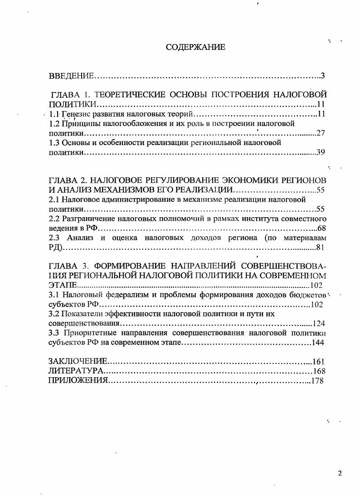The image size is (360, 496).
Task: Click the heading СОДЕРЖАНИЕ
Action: click(195, 47)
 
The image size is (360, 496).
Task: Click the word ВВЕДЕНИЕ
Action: click(71, 75)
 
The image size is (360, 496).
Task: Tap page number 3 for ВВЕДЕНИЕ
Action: click(322, 75)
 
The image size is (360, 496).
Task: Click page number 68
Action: click(321, 228)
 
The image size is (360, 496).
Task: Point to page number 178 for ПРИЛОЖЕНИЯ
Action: click(317, 380)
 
